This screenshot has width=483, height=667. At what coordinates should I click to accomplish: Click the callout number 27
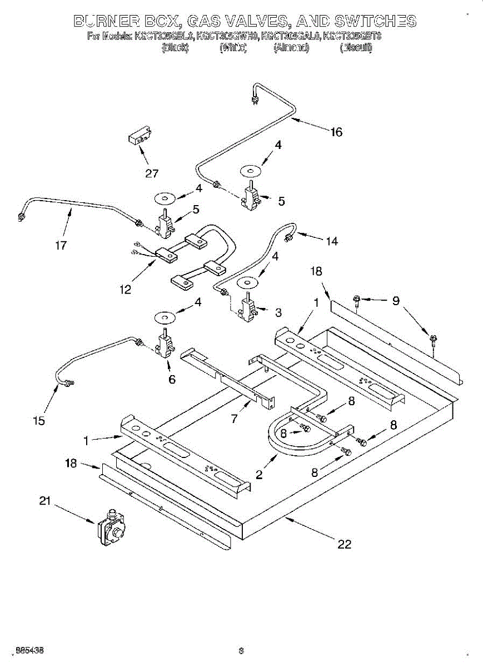(152, 173)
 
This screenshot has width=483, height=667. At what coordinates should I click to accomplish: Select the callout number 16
(336, 132)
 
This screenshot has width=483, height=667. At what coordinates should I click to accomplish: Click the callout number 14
(332, 241)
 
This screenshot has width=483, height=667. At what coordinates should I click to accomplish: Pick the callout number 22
(345, 544)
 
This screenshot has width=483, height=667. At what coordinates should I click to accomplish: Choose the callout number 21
(45, 501)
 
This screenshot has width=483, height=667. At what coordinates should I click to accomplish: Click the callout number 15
(38, 421)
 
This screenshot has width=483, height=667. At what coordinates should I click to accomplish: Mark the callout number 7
(235, 419)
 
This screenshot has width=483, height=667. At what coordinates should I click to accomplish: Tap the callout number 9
(396, 301)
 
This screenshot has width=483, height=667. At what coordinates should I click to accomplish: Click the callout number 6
(172, 379)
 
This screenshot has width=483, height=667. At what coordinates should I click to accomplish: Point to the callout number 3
(278, 312)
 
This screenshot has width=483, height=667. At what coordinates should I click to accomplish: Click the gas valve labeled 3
(247, 307)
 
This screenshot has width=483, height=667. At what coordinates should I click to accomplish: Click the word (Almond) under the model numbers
(291, 48)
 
